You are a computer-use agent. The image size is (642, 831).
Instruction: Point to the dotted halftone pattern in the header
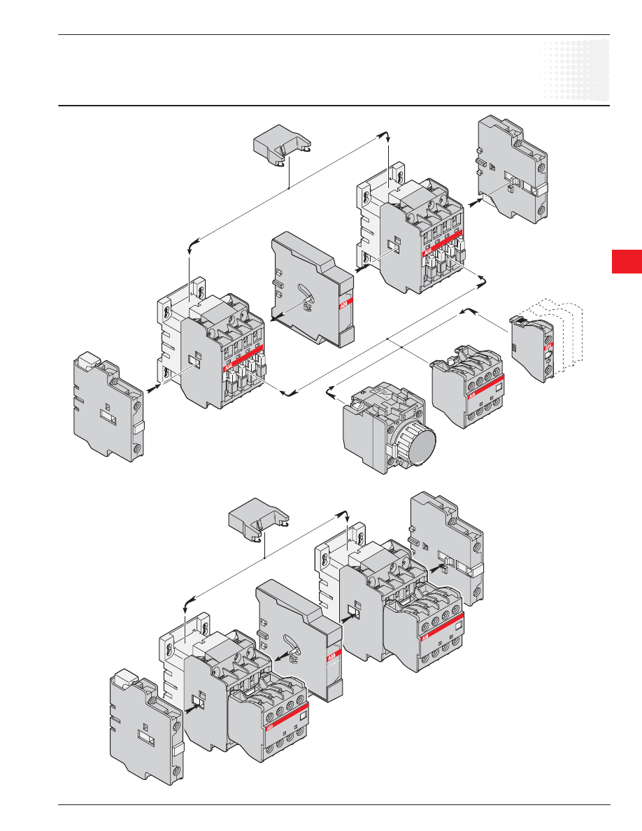click(574, 70)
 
